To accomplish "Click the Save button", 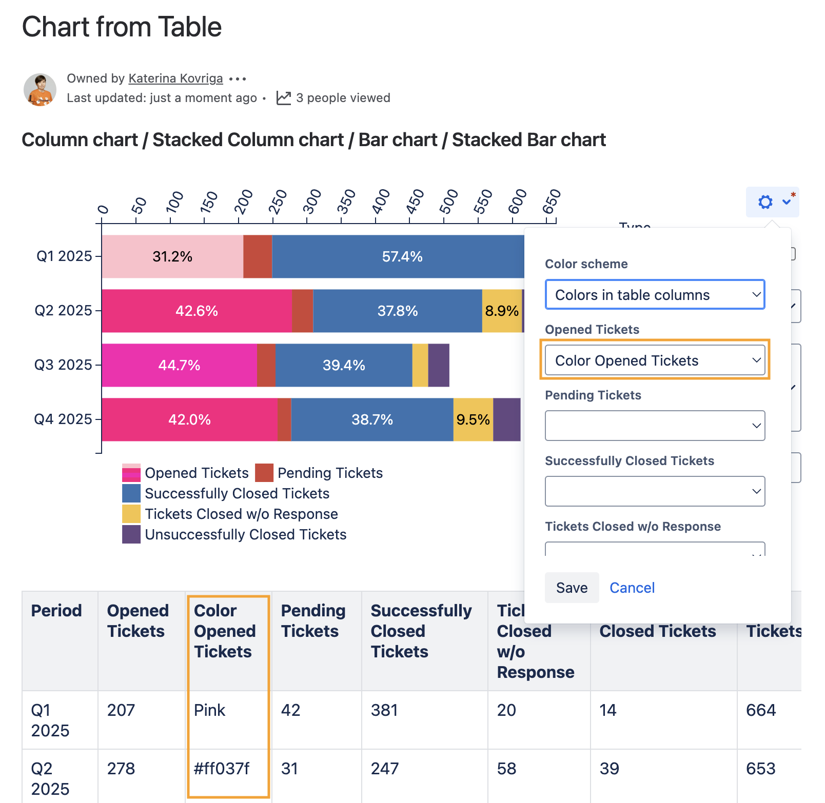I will [572, 588].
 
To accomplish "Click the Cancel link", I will [632, 588].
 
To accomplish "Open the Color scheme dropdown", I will [655, 295].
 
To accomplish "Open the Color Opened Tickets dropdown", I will [655, 360].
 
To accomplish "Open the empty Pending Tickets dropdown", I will [655, 426].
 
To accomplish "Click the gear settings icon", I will [765, 202].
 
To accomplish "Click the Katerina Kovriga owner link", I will [175, 78].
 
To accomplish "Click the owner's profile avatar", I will [40, 90].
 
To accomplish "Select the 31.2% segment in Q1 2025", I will [172, 256].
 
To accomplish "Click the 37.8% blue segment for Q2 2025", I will [397, 311].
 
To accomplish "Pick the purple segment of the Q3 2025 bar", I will [439, 365].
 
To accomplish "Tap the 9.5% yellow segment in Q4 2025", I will [473, 419].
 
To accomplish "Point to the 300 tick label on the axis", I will [311, 202].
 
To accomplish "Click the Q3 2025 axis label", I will [63, 365].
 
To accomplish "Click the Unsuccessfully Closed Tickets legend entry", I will [245, 534].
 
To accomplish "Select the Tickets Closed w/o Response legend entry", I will [241, 514].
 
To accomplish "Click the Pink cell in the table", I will [210, 710].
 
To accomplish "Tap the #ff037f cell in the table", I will [222, 769].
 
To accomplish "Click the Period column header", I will [56, 611].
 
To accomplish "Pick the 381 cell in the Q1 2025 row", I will [384, 710].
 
